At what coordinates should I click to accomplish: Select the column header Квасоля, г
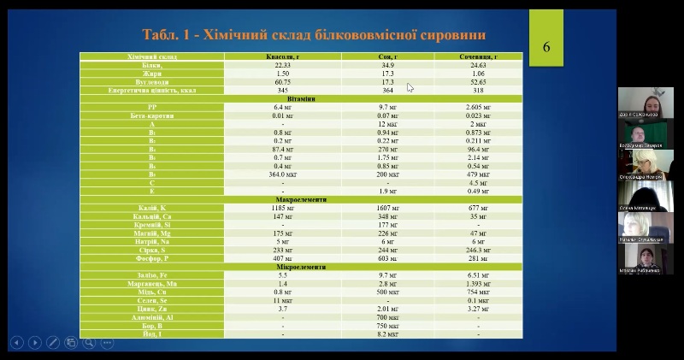tap(282, 56)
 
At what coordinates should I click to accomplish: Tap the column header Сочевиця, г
tap(478, 56)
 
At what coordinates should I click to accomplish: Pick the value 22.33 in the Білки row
tap(282, 64)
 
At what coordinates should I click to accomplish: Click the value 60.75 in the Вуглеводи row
tap(282, 81)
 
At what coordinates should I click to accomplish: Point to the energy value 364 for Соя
tap(387, 90)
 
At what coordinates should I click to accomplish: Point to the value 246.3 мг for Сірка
tap(478, 249)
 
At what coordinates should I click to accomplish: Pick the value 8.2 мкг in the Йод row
tap(387, 333)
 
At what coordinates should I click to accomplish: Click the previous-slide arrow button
tap(16, 342)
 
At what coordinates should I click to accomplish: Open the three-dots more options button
tap(108, 342)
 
